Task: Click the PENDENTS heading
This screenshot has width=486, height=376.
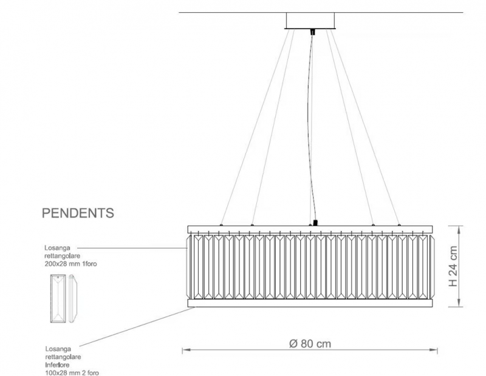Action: click(x=78, y=213)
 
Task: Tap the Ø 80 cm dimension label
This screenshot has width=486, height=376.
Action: click(x=310, y=343)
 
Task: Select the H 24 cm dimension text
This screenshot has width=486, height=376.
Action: click(x=453, y=266)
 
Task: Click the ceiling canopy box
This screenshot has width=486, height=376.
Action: click(x=310, y=21)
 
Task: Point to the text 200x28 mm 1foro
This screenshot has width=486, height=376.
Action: click(x=70, y=264)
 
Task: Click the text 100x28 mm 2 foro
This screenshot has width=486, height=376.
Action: click(x=72, y=373)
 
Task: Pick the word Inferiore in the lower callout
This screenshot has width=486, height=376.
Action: click(x=57, y=365)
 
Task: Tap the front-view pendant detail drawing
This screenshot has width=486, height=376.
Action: click(x=58, y=298)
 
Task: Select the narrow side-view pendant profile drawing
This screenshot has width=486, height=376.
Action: click(x=73, y=298)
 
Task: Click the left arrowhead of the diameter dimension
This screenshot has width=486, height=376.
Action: click(x=185, y=351)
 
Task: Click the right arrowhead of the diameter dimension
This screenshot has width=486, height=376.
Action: click(x=434, y=351)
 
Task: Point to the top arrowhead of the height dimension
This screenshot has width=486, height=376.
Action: click(x=459, y=230)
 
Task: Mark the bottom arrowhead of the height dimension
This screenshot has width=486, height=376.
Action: click(x=459, y=303)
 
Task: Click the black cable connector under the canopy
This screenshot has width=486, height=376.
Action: click(x=312, y=32)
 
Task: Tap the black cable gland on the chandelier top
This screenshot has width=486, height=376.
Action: click(x=315, y=223)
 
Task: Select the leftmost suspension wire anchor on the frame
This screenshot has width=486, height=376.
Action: click(x=221, y=224)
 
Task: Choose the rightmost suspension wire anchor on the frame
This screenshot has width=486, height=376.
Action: click(x=399, y=224)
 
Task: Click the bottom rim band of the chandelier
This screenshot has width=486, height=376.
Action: click(x=310, y=303)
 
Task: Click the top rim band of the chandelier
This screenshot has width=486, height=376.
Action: click(x=310, y=229)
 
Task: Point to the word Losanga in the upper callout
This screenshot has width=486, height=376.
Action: click(x=57, y=248)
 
